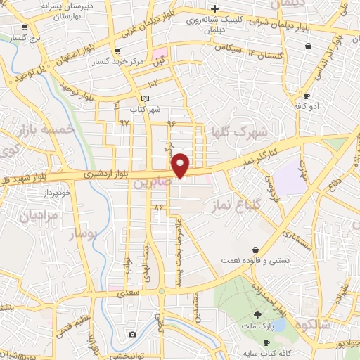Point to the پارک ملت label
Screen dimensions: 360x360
click(257, 327)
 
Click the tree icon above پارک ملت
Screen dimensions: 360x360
click(258, 316)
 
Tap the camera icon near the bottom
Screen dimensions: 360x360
click(132, 334)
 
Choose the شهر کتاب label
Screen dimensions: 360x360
click(145, 110)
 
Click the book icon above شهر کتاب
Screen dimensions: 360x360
click(146, 98)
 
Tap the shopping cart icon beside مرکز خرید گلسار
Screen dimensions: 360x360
click(117, 51)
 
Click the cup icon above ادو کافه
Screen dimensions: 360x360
click(307, 95)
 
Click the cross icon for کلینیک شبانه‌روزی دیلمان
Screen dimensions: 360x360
click(215, 8)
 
